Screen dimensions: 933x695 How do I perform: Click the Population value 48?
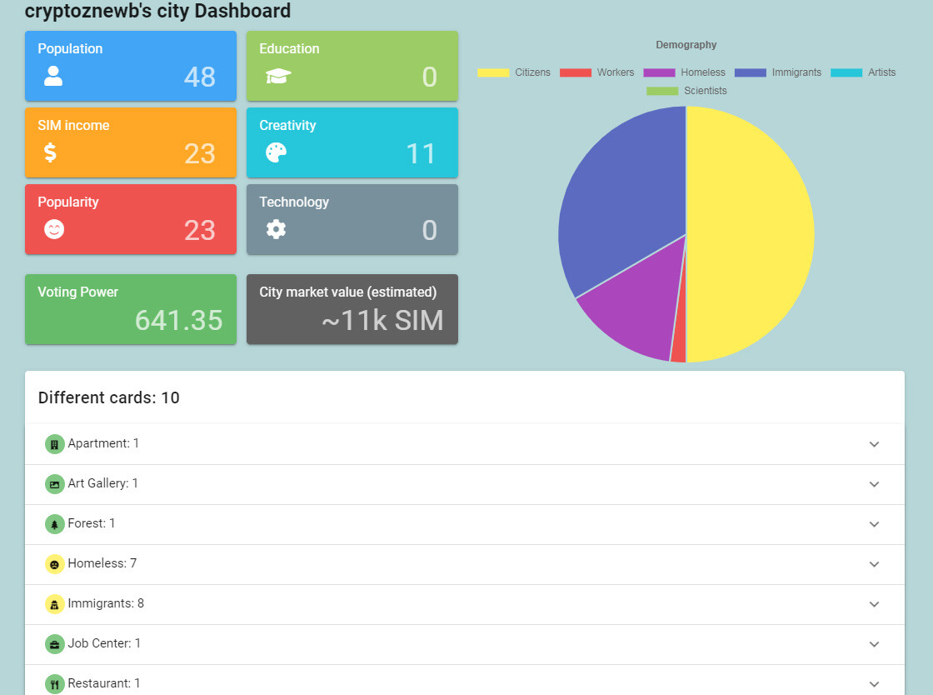[x=199, y=77]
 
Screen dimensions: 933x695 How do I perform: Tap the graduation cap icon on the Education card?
[x=278, y=76]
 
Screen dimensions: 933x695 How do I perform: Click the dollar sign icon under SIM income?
[x=51, y=153]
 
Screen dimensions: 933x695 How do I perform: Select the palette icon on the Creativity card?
[x=276, y=153]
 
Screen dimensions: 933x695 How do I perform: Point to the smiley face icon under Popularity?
[x=54, y=229]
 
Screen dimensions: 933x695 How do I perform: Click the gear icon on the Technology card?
[x=276, y=229]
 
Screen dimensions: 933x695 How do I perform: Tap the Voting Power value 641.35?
[x=178, y=320]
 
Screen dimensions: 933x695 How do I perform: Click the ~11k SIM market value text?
[x=382, y=320]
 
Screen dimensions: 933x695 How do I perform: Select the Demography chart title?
[x=686, y=45]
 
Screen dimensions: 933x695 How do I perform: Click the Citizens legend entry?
[x=514, y=72]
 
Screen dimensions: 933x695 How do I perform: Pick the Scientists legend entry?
[x=686, y=91]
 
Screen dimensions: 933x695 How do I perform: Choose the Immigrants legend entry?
[x=778, y=72]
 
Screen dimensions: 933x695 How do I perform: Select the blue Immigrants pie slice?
[x=625, y=190]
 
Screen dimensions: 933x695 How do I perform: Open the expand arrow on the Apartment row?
[x=874, y=444]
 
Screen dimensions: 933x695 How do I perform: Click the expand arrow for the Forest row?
[x=874, y=524]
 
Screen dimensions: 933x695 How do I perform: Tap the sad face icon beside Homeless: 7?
[x=55, y=564]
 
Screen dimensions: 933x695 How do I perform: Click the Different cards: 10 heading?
[x=109, y=397]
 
